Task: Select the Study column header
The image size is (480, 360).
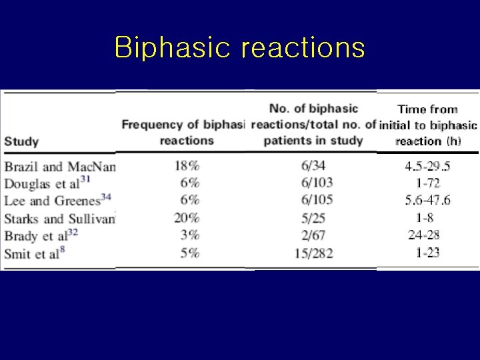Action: point(21,141)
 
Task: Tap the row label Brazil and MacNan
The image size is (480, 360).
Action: point(60,167)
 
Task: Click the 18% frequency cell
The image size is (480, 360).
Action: point(187,166)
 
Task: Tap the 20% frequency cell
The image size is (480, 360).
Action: point(187,218)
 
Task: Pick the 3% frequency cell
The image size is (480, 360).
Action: point(189,235)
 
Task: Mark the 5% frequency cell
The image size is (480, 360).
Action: point(189,253)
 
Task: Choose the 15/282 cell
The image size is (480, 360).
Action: point(313,253)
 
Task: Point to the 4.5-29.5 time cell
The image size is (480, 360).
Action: point(427,166)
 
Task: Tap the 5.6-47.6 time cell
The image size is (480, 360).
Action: point(427,201)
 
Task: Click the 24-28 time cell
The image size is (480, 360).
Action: point(427,235)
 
